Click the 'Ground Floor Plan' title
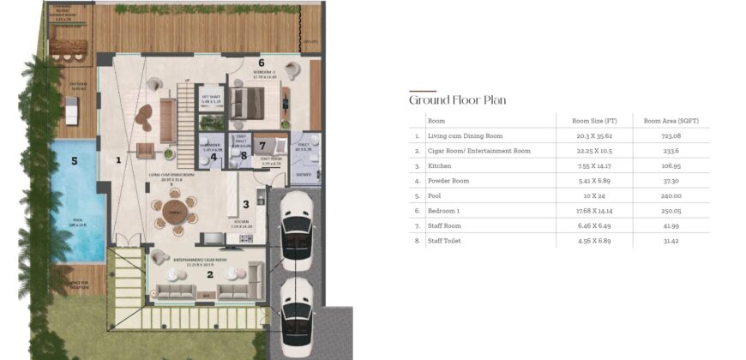(457, 99)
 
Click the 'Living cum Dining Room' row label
(465, 135)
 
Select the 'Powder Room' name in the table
(448, 181)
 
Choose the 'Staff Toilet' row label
(446, 241)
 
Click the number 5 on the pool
(75, 159)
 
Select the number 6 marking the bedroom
(262, 63)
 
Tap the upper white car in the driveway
(296, 219)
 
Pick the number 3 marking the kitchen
(245, 204)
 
